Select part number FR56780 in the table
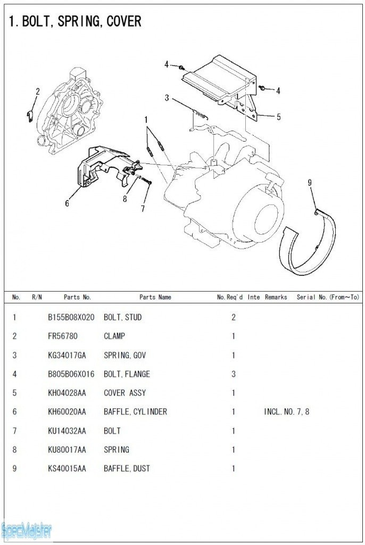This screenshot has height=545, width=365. tap(64, 336)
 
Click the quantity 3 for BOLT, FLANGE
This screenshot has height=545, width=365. tap(233, 374)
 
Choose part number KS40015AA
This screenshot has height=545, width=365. tap(67, 469)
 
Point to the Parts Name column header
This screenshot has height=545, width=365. tap(155, 297)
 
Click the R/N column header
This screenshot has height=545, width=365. tap(37, 297)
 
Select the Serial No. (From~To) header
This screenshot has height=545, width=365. tap(328, 297)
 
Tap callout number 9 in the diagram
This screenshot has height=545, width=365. tap(310, 183)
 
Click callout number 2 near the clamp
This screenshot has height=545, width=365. tap(37, 92)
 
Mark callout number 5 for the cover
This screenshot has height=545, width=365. tap(278, 117)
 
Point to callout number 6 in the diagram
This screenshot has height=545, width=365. tap(67, 202)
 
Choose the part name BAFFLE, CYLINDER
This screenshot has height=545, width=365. tap(135, 412)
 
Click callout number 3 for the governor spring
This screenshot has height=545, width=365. tap(167, 98)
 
